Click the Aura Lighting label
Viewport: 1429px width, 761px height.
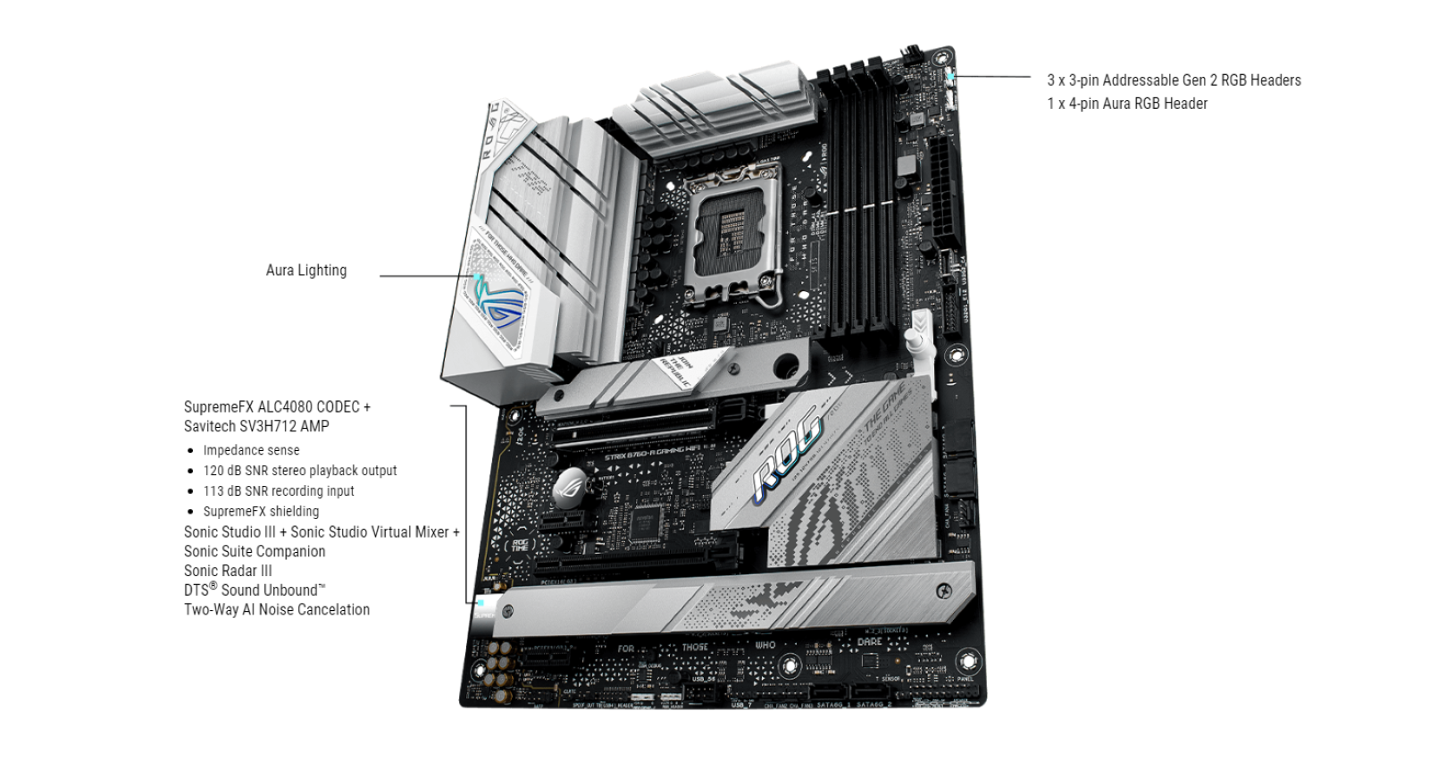[305, 271]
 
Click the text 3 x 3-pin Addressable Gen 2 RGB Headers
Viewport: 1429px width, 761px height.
[1173, 80]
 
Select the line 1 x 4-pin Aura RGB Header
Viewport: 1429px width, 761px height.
[1126, 104]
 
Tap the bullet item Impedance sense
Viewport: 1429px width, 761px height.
[251, 451]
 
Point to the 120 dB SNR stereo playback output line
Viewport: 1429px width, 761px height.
[299, 471]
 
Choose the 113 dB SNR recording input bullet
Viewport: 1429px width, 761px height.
[278, 491]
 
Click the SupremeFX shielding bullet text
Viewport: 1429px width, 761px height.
[261, 512]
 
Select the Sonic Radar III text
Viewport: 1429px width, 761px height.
[228, 571]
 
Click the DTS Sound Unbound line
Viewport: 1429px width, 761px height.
[255, 590]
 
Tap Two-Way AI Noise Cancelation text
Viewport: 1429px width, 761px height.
[276, 610]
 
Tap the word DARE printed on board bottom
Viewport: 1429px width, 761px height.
[869, 642]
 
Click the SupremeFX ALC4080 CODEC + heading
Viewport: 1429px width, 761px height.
[277, 407]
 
